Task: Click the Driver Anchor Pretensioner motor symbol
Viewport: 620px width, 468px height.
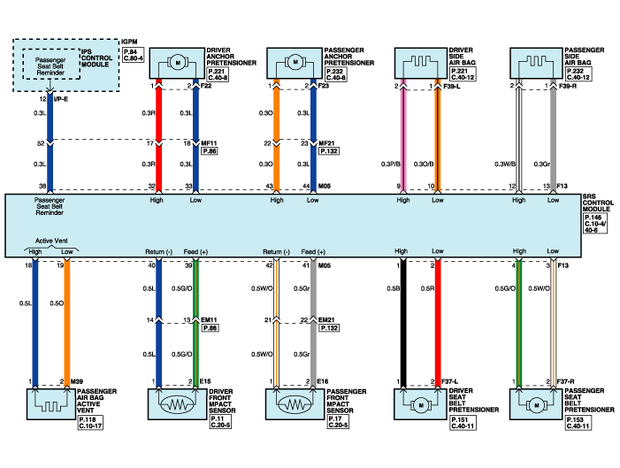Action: (x=177, y=64)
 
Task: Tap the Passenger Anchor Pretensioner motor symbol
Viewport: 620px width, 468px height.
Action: (x=295, y=64)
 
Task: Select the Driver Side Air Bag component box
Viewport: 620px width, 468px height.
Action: (x=420, y=64)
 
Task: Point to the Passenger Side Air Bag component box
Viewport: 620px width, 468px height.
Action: (x=537, y=64)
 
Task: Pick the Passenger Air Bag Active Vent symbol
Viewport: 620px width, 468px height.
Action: (x=50, y=403)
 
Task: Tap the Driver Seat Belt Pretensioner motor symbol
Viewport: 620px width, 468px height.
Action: (x=420, y=403)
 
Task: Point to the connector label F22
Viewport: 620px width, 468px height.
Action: (x=206, y=86)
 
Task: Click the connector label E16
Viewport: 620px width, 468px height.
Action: (x=324, y=381)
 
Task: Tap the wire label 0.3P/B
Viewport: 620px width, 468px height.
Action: (x=388, y=164)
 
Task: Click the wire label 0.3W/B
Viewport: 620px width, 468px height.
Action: (x=505, y=164)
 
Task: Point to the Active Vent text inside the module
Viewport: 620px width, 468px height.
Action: (x=48, y=240)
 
